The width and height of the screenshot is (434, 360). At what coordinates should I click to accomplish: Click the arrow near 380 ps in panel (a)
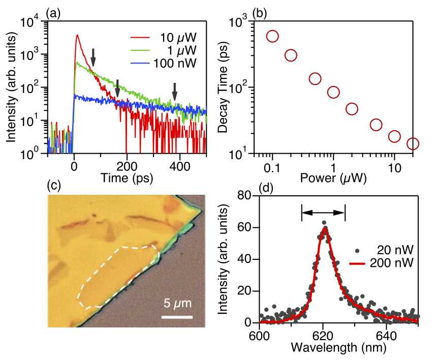pyautogui.click(x=175, y=92)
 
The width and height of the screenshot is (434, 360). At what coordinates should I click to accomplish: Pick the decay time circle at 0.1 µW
pyautogui.click(x=272, y=36)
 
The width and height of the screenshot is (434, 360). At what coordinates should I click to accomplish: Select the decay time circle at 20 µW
pyautogui.click(x=413, y=144)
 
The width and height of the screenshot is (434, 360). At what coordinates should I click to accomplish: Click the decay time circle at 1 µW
pyautogui.click(x=333, y=92)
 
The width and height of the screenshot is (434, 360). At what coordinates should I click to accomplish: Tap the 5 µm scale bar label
pyautogui.click(x=177, y=305)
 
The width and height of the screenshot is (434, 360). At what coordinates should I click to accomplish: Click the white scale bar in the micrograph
pyautogui.click(x=177, y=317)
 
